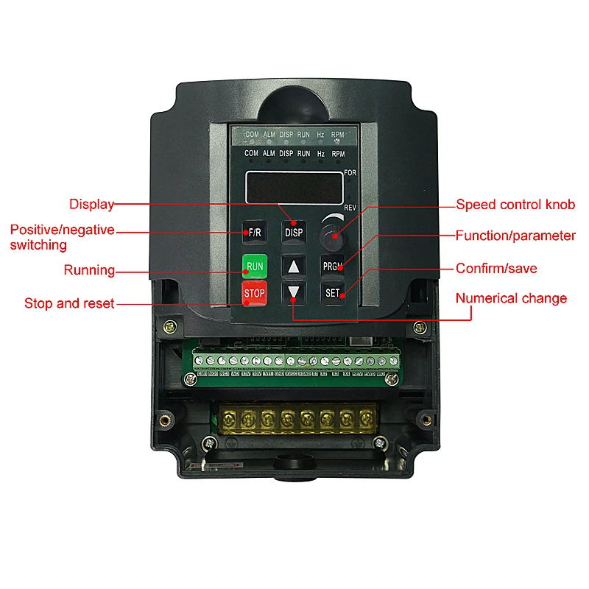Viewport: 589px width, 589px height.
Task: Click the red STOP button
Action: pyautogui.click(x=254, y=293)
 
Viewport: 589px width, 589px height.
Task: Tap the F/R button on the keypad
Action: pyautogui.click(x=254, y=233)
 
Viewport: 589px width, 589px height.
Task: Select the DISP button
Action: pyautogui.click(x=294, y=233)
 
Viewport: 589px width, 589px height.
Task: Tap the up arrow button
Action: pyautogui.click(x=294, y=266)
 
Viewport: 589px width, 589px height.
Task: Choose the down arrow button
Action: pyautogui.click(x=294, y=292)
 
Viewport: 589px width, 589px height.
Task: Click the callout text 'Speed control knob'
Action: pyautogui.click(x=515, y=205)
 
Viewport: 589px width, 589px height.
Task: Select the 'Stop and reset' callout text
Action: pyautogui.click(x=69, y=303)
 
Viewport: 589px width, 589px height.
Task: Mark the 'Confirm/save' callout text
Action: pyautogui.click(x=496, y=269)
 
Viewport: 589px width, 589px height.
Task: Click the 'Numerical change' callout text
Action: pyautogui.click(x=511, y=298)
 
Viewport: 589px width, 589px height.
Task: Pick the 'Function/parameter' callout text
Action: pyautogui.click(x=515, y=236)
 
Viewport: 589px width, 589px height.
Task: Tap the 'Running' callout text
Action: pyautogui.click(x=89, y=270)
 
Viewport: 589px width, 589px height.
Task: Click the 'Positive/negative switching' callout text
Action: pyautogui.click(x=62, y=237)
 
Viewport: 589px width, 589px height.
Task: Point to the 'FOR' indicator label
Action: pyautogui.click(x=350, y=173)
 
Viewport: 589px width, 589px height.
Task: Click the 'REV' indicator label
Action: pyautogui.click(x=350, y=208)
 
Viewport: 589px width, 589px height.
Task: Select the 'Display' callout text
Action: pyautogui.click(x=91, y=205)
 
